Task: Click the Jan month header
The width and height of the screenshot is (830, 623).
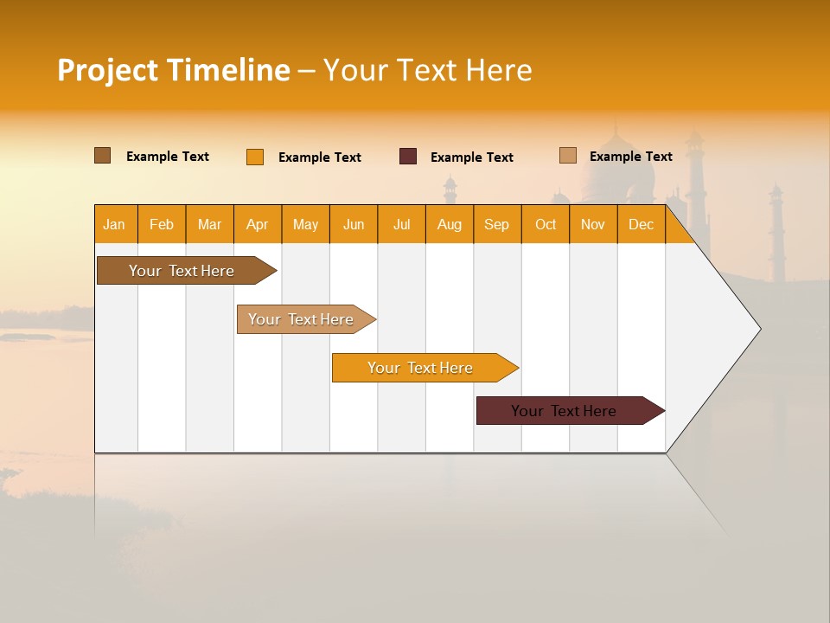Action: pyautogui.click(x=114, y=225)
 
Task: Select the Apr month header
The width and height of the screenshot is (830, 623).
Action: pyautogui.click(x=258, y=225)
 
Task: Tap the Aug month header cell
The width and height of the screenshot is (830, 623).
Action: pyautogui.click(x=450, y=225)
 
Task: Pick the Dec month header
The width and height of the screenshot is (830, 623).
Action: pyautogui.click(x=642, y=225)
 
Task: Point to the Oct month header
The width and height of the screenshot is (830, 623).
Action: pyautogui.click(x=546, y=225)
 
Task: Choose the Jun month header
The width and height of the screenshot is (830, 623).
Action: pyautogui.click(x=354, y=225)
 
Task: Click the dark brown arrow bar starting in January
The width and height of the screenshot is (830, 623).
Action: pyautogui.click(x=182, y=271)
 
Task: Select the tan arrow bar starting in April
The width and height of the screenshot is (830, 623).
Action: pyautogui.click(x=301, y=319)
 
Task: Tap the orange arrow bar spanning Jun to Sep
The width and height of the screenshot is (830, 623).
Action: pyautogui.click(x=420, y=368)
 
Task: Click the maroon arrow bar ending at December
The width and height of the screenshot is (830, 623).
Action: pyautogui.click(x=564, y=411)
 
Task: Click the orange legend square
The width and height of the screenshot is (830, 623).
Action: pyautogui.click(x=255, y=157)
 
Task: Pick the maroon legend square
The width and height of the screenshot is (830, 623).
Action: pyautogui.click(x=408, y=157)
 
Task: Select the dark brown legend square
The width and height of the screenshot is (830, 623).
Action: pyautogui.click(x=103, y=156)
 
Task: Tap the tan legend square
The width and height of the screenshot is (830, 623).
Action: pyautogui.click(x=568, y=156)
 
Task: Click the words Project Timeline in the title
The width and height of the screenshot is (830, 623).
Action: pyautogui.click(x=174, y=70)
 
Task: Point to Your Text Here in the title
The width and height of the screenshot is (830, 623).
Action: pyautogui.click(x=427, y=70)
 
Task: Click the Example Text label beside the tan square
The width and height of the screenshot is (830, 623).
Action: pyautogui.click(x=631, y=157)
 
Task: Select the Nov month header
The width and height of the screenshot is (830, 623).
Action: pyautogui.click(x=593, y=225)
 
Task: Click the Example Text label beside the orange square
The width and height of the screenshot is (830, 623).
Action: pyautogui.click(x=320, y=157)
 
